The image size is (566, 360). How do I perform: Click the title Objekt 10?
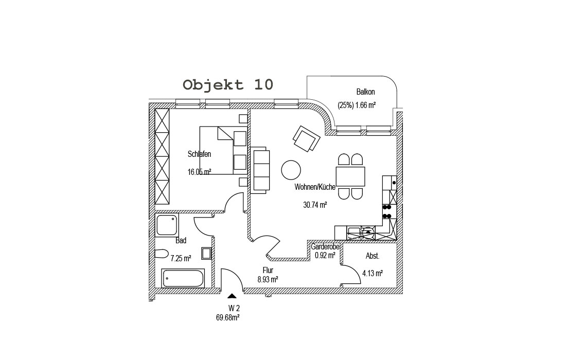228,85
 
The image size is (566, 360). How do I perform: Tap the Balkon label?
365,92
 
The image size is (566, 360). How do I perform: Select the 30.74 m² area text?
315,205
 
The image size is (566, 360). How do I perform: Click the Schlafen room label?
199,154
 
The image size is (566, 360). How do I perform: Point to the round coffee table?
291,170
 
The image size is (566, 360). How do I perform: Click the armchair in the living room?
307,139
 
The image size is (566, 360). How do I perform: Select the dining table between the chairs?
350,176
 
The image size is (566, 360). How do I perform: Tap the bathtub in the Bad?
183,278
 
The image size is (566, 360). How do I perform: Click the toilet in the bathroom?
162,254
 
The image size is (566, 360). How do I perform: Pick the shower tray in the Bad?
167,225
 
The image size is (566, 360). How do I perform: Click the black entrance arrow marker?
232,296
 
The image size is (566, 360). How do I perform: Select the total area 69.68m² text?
228,318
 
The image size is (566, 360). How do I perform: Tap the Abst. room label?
373,256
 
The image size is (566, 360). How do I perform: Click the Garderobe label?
325,247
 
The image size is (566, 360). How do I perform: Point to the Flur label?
268,270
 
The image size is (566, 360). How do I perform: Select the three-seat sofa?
260,170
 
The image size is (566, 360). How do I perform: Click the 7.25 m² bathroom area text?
181,258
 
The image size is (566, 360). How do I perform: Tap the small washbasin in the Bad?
206,253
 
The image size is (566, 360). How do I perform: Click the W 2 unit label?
234,309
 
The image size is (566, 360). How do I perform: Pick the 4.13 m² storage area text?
373,273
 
